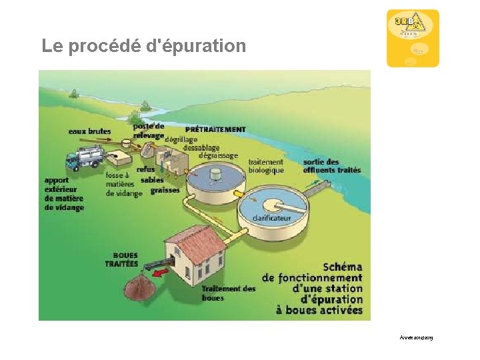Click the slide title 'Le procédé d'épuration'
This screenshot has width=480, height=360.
tap(143, 46)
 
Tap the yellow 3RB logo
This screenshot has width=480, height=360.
tap(413, 38)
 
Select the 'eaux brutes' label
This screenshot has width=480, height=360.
tap(90, 131)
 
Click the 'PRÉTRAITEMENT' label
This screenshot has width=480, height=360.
tap(215, 129)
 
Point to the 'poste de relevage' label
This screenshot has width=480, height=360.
tap(148, 131)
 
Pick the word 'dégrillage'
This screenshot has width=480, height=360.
tap(181, 139)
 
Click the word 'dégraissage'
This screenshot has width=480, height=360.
tap(217, 155)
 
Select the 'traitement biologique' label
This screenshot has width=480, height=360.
tap(265, 165)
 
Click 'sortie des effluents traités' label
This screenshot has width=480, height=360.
tap(331, 165)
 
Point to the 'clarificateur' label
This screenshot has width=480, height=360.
tap(272, 218)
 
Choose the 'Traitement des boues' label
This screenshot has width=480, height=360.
tap(229, 293)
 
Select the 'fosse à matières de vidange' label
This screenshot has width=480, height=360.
tap(123, 185)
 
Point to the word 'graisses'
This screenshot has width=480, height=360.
tap(165, 190)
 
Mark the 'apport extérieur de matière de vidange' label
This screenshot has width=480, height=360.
tap(64, 193)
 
